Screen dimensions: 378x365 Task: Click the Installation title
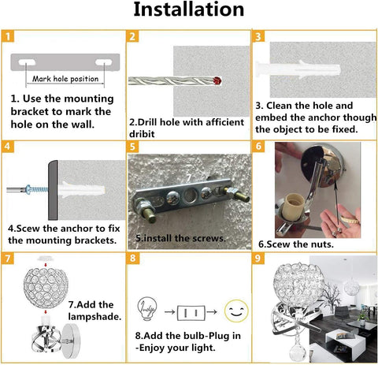[x=189, y=9]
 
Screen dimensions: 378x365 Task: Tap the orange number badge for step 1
[x=8, y=36]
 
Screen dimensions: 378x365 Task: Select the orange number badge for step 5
[x=132, y=147]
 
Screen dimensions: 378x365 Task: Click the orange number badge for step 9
[x=258, y=259]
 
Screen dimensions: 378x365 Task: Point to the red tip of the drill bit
[x=217, y=80]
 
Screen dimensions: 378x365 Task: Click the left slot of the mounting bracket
[x=27, y=62]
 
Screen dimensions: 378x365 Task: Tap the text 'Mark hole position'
[x=65, y=79]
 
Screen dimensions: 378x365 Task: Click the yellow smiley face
[x=236, y=311]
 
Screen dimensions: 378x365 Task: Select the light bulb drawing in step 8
[x=147, y=308]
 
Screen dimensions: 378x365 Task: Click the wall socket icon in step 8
[x=191, y=313]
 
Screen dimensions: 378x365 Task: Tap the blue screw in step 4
[x=37, y=189]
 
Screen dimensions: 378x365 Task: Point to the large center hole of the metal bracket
[x=189, y=196]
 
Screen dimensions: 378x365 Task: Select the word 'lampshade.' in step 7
[x=94, y=317]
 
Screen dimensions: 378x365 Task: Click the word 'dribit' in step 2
[x=142, y=134]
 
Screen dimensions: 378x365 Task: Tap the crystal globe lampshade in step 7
[x=46, y=288]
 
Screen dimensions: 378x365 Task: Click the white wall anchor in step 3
[x=298, y=69]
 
